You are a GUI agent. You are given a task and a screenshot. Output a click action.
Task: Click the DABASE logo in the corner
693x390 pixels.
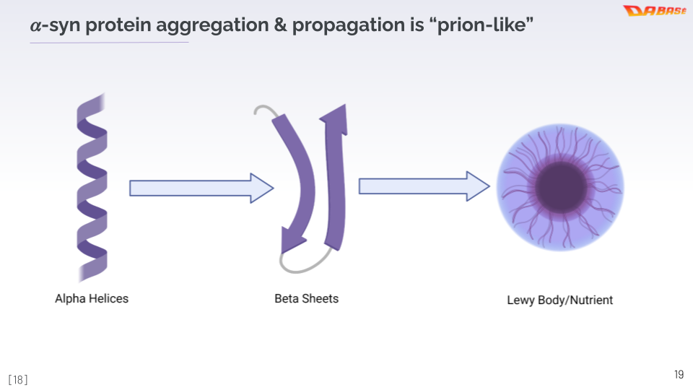tap(654, 11)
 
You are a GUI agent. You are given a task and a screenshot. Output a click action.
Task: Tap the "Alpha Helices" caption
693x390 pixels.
tap(92, 298)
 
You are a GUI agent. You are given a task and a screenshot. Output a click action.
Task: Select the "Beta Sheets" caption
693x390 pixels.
tap(306, 298)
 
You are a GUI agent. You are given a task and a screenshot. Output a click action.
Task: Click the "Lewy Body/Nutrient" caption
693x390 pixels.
tap(559, 300)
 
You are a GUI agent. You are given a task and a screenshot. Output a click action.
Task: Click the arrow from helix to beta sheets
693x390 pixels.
tap(201, 188)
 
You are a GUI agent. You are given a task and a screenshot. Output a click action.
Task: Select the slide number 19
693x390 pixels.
tap(679, 374)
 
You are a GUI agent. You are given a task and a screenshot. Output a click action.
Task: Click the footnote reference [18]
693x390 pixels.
tap(18, 379)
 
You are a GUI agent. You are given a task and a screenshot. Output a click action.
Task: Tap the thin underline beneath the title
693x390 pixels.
tap(109, 43)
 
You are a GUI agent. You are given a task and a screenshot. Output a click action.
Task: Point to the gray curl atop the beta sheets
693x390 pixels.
tap(263, 110)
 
